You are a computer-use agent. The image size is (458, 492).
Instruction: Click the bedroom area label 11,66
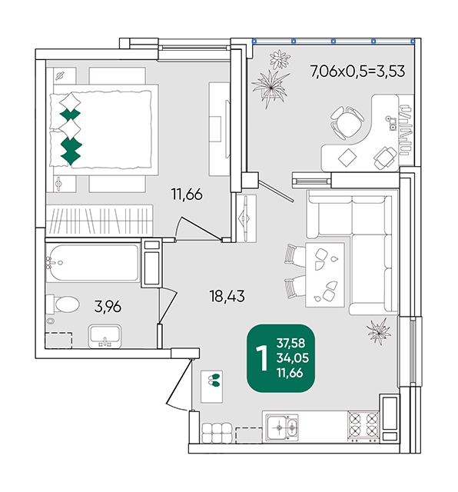coord(187,194)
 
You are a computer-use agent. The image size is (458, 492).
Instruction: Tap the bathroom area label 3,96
coord(108,307)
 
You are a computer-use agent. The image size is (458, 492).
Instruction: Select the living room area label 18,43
coord(227,296)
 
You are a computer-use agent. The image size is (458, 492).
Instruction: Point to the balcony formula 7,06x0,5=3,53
coord(357,71)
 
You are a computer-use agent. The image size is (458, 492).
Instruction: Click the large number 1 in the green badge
coord(261,358)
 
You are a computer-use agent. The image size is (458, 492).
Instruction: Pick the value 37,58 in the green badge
coord(290,343)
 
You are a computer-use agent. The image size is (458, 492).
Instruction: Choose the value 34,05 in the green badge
coord(292,357)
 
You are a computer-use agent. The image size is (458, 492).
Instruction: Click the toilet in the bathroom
coord(62,304)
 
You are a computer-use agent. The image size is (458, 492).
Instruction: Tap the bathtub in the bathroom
coord(92,263)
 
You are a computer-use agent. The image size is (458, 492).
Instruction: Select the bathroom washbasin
coord(105,336)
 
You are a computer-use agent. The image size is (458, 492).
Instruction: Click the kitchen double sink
coord(282,427)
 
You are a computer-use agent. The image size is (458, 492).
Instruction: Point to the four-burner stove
coord(363,427)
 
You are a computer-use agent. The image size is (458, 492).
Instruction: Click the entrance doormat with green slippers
coord(212,386)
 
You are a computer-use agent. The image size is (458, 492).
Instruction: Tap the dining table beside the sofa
coord(325,274)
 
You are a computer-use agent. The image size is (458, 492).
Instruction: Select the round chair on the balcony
coord(347,122)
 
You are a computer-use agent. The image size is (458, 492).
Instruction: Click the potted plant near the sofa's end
coord(379,331)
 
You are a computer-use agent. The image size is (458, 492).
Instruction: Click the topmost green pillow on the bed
coord(70,115)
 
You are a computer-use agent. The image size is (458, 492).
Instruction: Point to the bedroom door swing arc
coord(178,228)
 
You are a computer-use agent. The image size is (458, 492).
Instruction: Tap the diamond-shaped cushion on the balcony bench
coord(347,158)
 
